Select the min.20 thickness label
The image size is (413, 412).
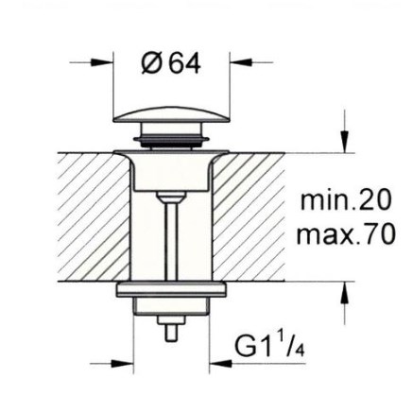[x=346, y=200]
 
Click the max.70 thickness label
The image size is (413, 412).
[x=346, y=233]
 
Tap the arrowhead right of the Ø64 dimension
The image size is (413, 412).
[x=241, y=62]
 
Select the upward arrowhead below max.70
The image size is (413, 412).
[x=346, y=292]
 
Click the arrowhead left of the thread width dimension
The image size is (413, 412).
[x=123, y=364]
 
